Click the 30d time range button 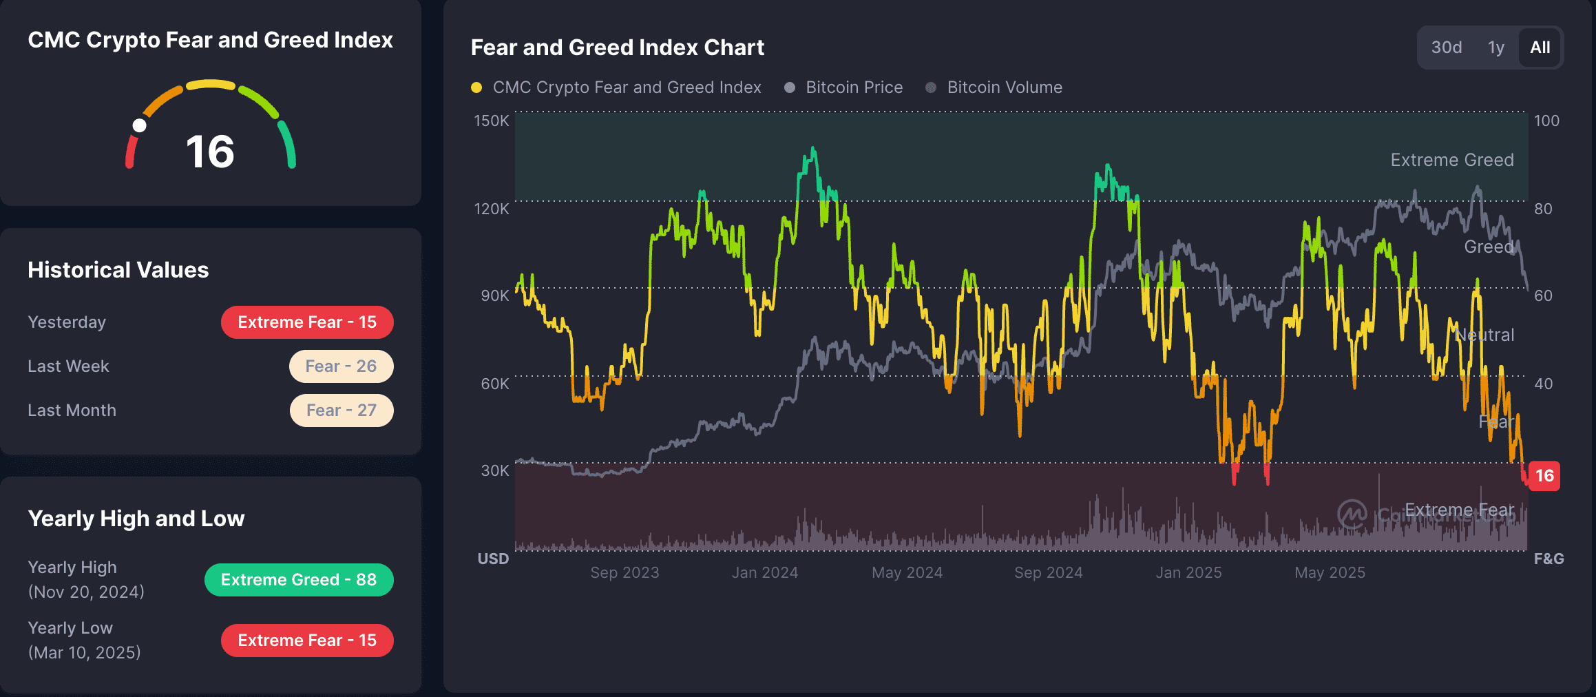1446,48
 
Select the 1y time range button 1495,48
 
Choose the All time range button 1540,48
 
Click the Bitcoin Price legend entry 854,87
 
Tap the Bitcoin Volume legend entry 1004,87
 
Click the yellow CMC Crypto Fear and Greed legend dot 476,87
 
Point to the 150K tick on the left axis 492,121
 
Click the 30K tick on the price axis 494,470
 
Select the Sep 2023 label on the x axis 624,572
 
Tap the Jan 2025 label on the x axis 1188,572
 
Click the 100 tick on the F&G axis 1546,121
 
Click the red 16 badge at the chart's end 1544,476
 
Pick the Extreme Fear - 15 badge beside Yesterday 307,322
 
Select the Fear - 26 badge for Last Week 341,366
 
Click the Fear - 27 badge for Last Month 342,410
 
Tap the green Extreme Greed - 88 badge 299,580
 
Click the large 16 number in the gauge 210,152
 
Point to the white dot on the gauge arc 140,125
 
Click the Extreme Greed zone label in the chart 1452,160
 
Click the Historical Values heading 118,270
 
